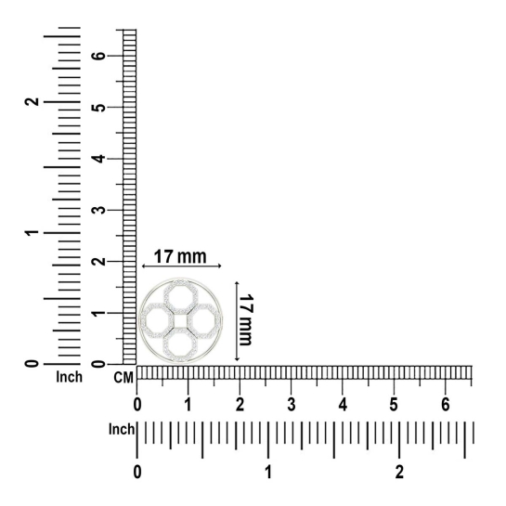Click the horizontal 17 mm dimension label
click(x=180, y=257)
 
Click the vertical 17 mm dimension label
click(x=245, y=319)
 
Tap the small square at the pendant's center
click(x=180, y=320)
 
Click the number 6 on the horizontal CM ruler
click(x=446, y=404)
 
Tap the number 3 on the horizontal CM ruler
click(x=292, y=404)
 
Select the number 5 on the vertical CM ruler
click(x=99, y=108)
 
